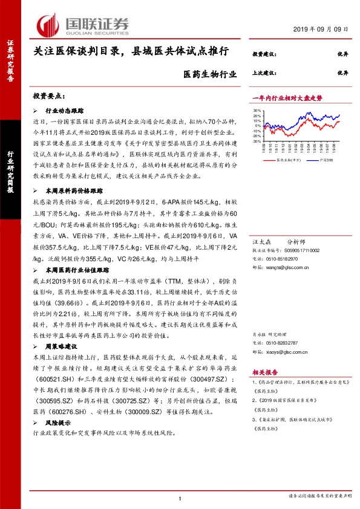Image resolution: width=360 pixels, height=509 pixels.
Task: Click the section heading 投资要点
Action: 49,97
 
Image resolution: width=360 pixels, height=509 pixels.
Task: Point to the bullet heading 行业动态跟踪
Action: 64,112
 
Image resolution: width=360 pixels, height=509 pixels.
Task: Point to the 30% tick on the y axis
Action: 257,111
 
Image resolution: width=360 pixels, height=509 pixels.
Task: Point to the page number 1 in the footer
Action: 180,498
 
